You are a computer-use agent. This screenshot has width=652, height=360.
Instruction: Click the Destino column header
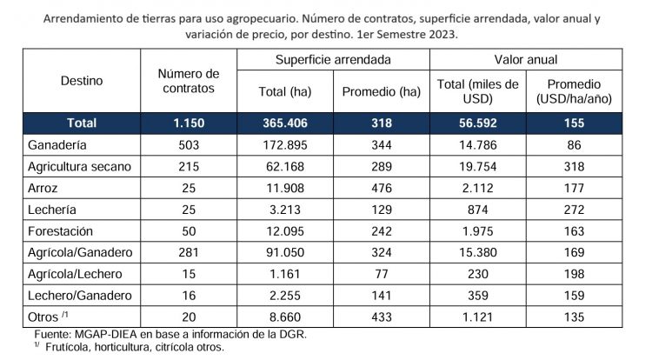point(82,81)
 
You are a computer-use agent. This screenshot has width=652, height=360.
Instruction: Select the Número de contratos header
point(188,81)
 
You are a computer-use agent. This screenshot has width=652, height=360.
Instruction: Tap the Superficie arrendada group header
point(333,60)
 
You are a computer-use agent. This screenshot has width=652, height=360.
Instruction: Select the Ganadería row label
point(61,145)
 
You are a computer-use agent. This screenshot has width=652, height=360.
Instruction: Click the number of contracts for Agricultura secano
point(188,166)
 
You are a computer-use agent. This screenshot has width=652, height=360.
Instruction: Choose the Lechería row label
point(54,210)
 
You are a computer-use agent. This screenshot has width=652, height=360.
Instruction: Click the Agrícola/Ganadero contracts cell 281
point(188,253)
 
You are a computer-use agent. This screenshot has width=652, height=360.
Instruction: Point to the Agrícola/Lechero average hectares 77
point(381,275)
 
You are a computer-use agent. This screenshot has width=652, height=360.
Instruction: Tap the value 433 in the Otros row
point(381,317)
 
